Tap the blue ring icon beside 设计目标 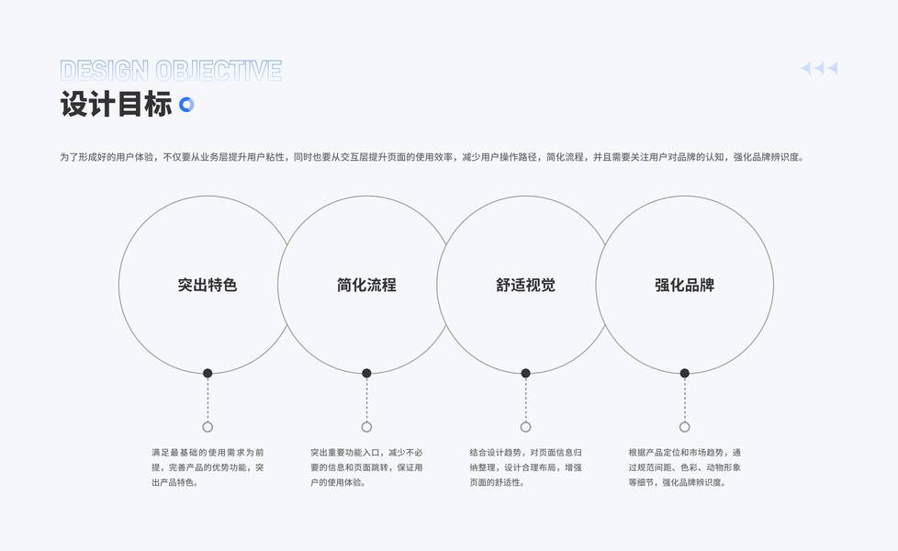point(186,105)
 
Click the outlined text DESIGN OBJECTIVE point(171,71)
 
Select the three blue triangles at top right point(819,68)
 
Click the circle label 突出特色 point(208,285)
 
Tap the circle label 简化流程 point(366,285)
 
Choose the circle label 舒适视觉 point(525,285)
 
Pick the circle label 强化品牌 point(684,285)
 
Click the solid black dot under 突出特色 point(208,373)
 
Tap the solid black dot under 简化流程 point(366,373)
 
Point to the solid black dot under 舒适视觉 point(525,373)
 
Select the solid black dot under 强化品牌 point(684,373)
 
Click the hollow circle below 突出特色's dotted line point(208,427)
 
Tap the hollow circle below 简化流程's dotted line point(366,427)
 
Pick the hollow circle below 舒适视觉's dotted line point(525,427)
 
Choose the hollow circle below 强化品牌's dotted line point(684,427)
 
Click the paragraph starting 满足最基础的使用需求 point(208,467)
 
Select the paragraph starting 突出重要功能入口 point(366,467)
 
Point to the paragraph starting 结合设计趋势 point(525,467)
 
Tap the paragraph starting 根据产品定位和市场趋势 point(684,467)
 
